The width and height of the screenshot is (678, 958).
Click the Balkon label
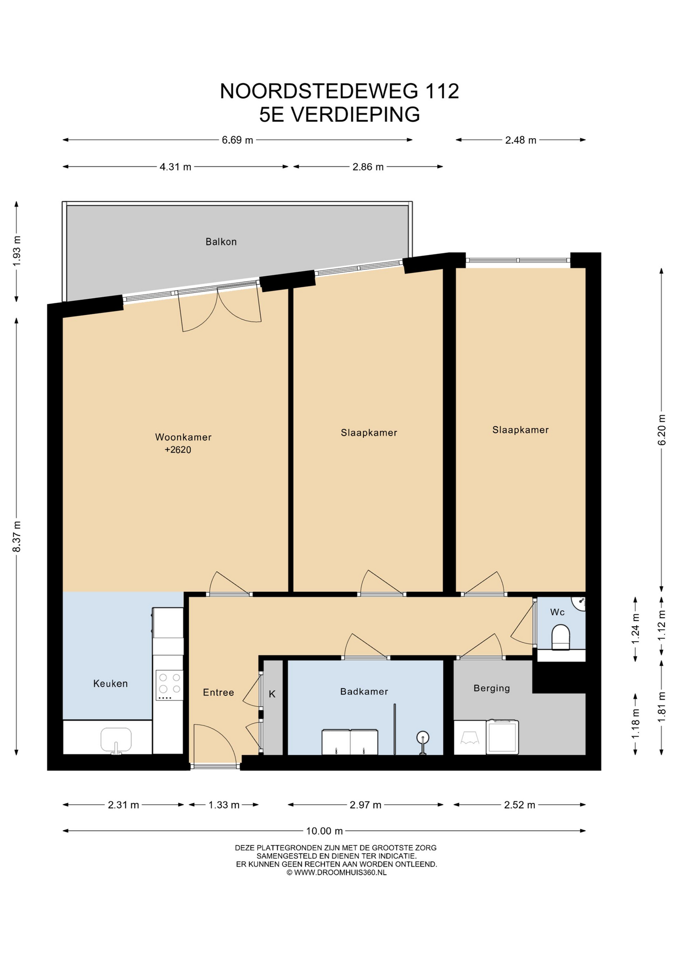(x=221, y=241)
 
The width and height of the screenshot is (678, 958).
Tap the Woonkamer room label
(x=183, y=437)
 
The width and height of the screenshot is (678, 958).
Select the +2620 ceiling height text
(x=178, y=450)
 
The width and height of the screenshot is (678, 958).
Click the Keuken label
(x=110, y=684)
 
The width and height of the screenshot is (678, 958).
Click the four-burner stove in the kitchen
(x=169, y=685)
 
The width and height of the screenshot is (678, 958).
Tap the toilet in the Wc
(x=560, y=639)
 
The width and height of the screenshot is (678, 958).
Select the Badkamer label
(x=364, y=692)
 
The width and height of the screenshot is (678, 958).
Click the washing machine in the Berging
(x=502, y=736)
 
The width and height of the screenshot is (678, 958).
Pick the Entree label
(x=218, y=693)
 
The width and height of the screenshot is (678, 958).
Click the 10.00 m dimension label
(x=325, y=831)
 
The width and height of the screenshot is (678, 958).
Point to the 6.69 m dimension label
(x=237, y=140)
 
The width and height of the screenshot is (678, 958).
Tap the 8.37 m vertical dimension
(x=17, y=536)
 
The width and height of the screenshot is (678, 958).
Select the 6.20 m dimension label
(x=662, y=430)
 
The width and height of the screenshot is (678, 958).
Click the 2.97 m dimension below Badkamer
(x=365, y=805)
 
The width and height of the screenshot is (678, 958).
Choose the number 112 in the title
(x=442, y=91)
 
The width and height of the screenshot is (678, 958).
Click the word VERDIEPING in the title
(x=355, y=114)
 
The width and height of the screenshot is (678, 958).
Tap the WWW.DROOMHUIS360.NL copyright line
(x=337, y=873)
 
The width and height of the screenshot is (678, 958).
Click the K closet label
(x=272, y=694)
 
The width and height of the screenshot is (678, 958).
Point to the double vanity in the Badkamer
(x=350, y=742)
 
